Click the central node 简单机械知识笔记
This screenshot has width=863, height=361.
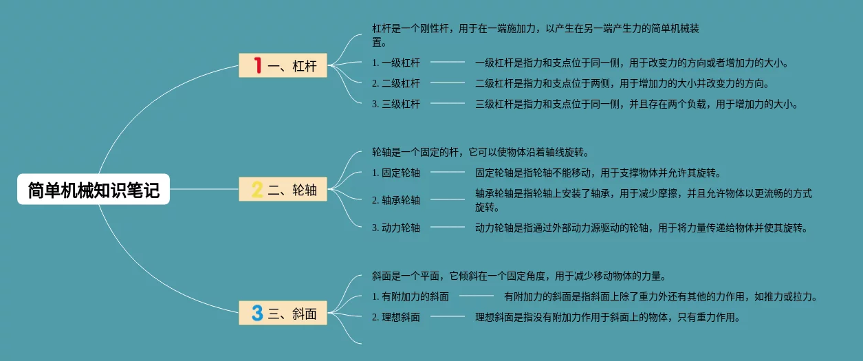coord(94,190)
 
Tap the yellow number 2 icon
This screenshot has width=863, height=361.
coord(257,190)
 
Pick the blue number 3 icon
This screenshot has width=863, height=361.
coord(257,314)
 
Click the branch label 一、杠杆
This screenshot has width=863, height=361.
coord(292,66)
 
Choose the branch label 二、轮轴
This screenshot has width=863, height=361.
coord(292,190)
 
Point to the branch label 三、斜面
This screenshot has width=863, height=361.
coord(292,314)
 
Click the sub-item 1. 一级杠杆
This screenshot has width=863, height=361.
coord(396,63)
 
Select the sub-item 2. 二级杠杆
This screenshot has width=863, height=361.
coord(396,83)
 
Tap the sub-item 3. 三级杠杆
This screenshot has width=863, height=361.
coord(396,105)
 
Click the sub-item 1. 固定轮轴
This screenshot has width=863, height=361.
coord(396,173)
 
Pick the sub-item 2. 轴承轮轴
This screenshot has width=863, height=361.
coord(396,200)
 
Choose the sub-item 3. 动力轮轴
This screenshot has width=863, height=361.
coord(396,228)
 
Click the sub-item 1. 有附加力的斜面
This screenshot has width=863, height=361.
coord(411,297)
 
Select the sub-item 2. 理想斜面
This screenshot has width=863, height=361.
coord(396,318)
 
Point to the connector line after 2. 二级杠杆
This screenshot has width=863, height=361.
coord(448,83)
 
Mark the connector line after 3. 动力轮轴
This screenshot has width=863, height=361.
coord(448,228)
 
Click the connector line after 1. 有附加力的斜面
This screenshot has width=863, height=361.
coord(477,297)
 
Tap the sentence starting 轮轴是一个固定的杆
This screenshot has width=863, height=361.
coord(480,152)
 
